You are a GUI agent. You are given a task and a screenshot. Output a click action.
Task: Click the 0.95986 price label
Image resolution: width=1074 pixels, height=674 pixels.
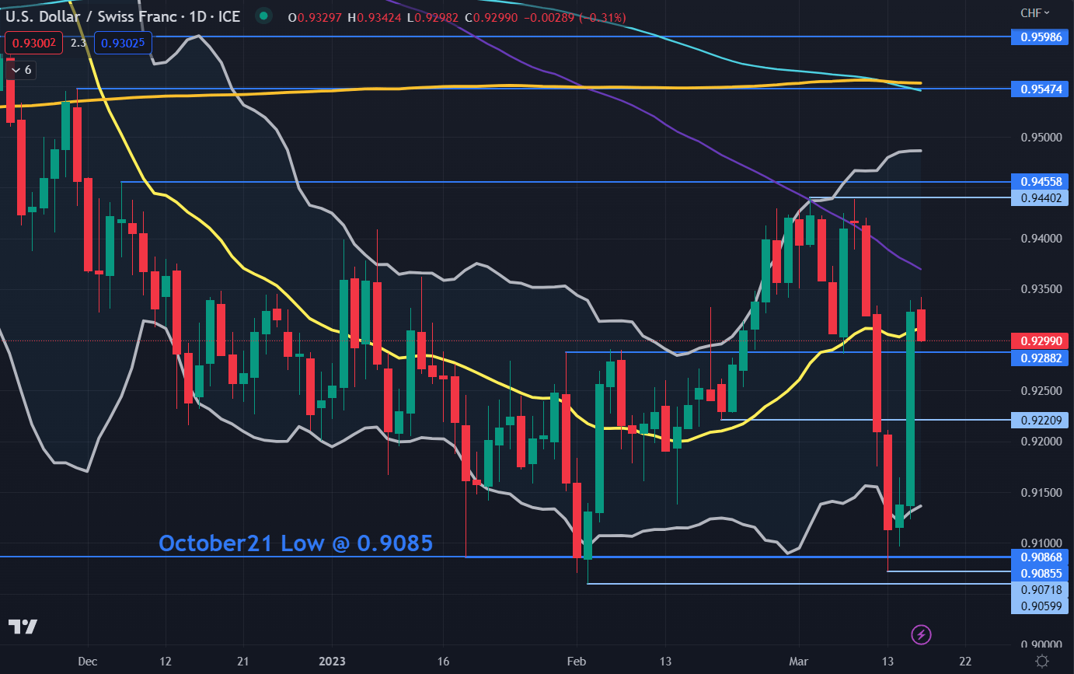(x=1040, y=37)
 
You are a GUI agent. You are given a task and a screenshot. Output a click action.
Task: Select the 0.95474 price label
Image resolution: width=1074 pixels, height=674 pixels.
(x=1040, y=89)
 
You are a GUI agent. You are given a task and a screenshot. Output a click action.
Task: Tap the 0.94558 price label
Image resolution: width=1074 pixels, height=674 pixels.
(x=1040, y=182)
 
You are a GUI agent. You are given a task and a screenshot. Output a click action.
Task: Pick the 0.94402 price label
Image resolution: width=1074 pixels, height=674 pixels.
(x=1040, y=198)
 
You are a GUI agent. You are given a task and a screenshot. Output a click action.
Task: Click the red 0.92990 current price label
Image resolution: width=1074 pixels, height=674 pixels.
(x=1040, y=340)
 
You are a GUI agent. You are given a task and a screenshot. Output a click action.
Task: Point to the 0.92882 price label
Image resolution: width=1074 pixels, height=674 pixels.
(x=1040, y=358)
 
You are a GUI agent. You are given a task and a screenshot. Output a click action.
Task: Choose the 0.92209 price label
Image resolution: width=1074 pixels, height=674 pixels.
(x=1040, y=420)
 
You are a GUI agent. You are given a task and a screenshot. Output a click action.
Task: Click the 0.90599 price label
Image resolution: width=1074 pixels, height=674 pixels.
(x=1040, y=606)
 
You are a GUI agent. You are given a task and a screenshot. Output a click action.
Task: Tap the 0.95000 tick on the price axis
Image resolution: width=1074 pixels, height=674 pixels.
(x=1040, y=138)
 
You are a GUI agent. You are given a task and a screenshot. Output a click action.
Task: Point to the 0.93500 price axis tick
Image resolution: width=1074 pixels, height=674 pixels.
(x=1040, y=289)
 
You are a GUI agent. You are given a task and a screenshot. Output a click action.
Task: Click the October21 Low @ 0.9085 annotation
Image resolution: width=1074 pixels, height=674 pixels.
(x=295, y=543)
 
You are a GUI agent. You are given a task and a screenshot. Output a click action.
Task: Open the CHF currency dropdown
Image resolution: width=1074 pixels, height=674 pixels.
(x=1034, y=12)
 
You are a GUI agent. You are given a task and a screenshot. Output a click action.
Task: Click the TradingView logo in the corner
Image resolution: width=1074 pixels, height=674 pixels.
(x=23, y=627)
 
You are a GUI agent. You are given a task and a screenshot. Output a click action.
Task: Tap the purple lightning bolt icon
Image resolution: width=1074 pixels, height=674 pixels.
(x=922, y=634)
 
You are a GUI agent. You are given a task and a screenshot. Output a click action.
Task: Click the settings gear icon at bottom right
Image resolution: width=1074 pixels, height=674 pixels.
(x=1042, y=661)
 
